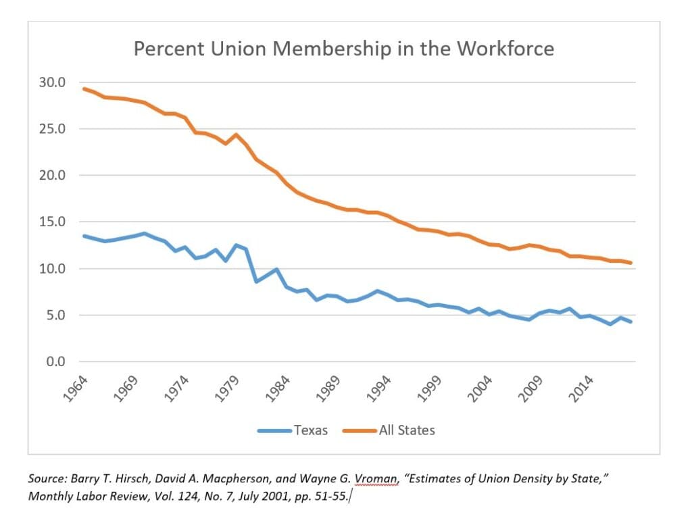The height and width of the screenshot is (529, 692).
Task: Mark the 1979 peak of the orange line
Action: click(x=236, y=134)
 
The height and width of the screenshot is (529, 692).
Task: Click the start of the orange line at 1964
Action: click(x=84, y=89)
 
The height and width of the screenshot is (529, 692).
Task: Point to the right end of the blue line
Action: click(x=631, y=322)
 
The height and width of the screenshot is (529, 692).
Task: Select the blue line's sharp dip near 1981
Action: click(x=256, y=281)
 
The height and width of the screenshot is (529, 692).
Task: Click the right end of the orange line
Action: click(x=631, y=263)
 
